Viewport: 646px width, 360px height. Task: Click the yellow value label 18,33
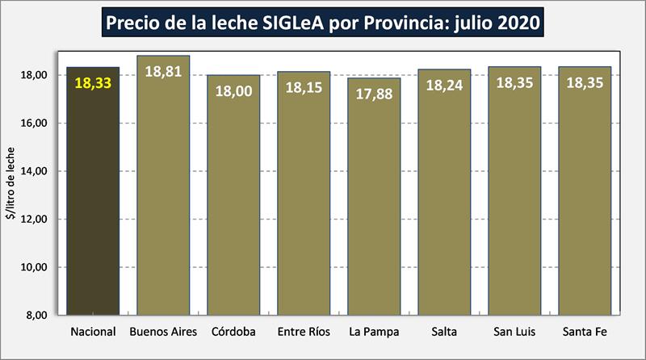[x=93, y=82]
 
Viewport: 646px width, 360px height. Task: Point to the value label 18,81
[x=163, y=71]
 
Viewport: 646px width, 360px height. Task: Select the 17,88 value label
[x=374, y=93]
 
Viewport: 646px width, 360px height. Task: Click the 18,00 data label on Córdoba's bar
[x=233, y=90]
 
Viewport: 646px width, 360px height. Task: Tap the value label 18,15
[x=304, y=86]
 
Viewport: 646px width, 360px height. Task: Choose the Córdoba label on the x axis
[x=233, y=332]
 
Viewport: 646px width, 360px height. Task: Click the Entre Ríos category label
[x=304, y=332]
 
